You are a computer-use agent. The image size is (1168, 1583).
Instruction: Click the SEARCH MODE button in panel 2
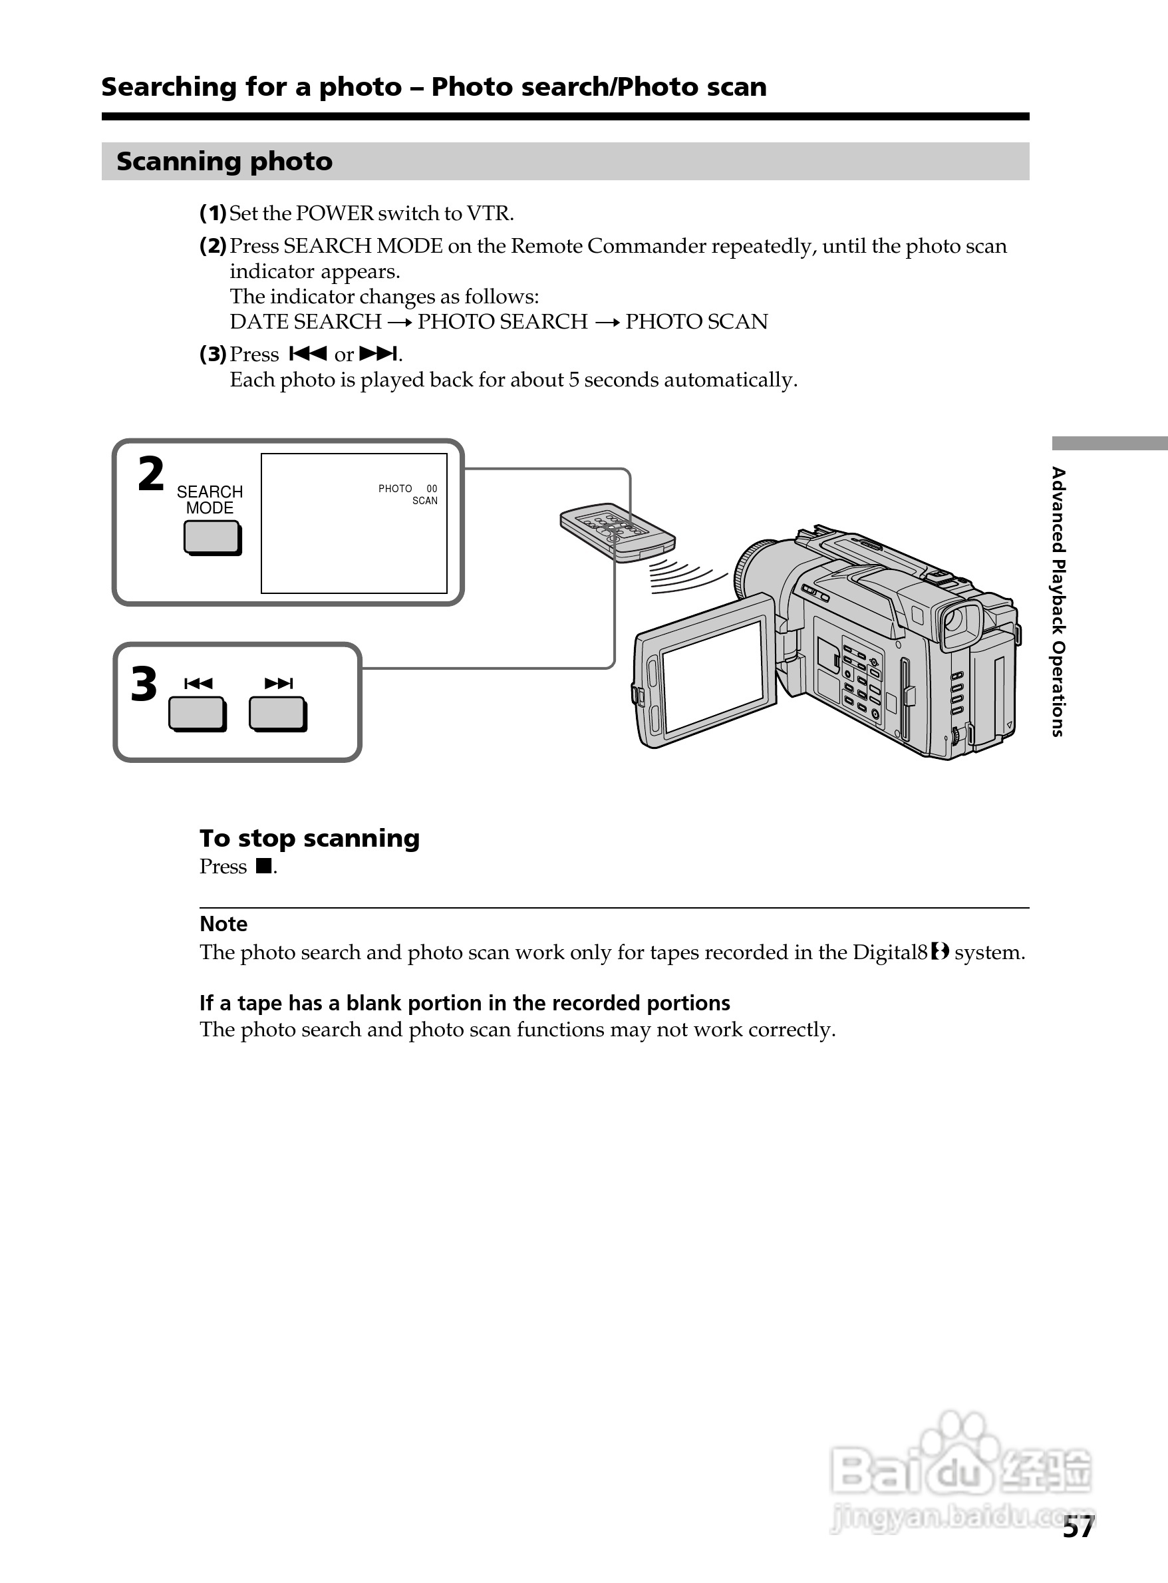tap(212, 537)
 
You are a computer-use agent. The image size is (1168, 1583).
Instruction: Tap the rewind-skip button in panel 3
tap(197, 714)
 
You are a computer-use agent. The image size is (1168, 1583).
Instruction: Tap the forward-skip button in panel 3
tap(277, 714)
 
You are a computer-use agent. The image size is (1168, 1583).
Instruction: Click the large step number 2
tap(150, 474)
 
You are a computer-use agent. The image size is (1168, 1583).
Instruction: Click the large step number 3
tap(144, 684)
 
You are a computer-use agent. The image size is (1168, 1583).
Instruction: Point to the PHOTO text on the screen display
tap(394, 489)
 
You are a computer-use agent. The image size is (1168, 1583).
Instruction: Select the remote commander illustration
tap(617, 533)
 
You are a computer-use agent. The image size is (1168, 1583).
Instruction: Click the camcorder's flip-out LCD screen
tap(712, 676)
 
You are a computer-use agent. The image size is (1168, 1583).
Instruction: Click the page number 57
tap(1078, 1527)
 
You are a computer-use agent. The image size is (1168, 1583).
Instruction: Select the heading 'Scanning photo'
tap(224, 161)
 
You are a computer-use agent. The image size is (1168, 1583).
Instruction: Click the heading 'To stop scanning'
tap(309, 838)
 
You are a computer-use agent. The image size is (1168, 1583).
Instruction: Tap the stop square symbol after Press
tap(263, 866)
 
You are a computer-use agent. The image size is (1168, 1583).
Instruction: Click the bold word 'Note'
tap(223, 923)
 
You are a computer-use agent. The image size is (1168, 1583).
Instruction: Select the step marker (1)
tap(212, 213)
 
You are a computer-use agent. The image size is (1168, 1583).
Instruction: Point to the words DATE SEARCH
tap(305, 322)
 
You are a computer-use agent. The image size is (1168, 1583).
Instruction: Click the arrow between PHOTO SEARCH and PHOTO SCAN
tap(607, 323)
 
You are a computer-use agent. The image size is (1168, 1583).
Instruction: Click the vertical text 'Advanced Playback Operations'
tap(1058, 601)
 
